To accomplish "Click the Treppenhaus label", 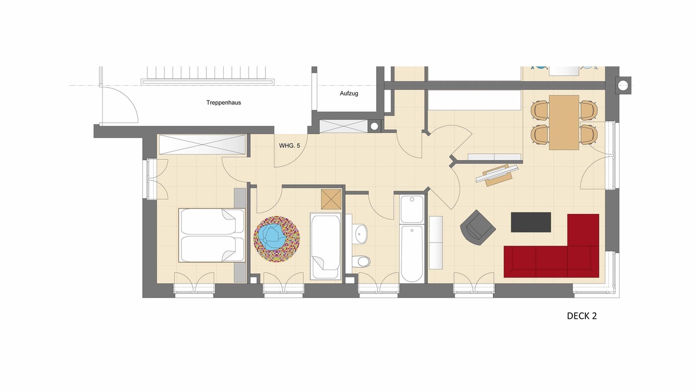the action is coord(223,103).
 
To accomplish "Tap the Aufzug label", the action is coord(349,93).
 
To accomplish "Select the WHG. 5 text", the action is coord(289,146).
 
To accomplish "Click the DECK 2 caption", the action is coord(582,316).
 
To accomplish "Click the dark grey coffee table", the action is coord(531,222).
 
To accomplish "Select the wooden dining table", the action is coord(564,123).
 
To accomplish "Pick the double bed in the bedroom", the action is coord(212,235).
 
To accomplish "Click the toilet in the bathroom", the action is coord(362,261).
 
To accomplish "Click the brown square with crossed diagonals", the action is coord(331,199).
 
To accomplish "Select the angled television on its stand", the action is coord(497,175).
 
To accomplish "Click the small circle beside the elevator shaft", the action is coord(375,127).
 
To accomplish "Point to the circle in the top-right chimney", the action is coord(623,85).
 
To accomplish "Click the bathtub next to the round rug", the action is coord(325,246).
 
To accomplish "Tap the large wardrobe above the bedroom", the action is coord(203,144).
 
